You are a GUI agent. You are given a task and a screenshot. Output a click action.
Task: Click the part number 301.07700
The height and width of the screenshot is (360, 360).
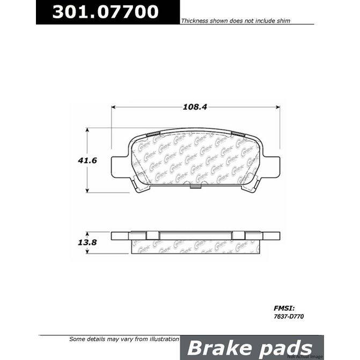pyautogui.click(x=106, y=11)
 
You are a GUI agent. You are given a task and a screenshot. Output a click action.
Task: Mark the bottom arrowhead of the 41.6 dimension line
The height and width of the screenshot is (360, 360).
pyautogui.click(x=87, y=191)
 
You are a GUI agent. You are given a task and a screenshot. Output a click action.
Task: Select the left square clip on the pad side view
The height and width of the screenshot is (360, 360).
pyautogui.click(x=153, y=235)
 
